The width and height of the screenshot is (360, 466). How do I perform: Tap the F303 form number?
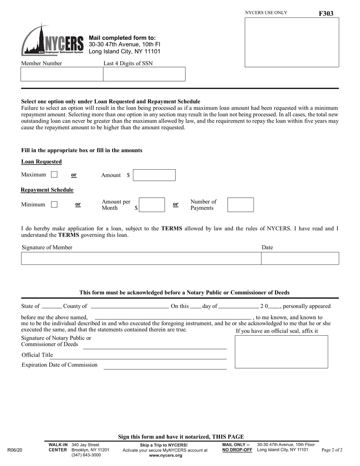tap(326, 14)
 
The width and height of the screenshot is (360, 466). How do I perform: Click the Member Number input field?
tap(62, 74)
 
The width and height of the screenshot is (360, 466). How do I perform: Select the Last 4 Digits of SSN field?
tap(144, 74)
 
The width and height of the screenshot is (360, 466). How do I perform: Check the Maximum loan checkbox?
tap(54, 175)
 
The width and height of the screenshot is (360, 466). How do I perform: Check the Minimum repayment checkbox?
tap(54, 205)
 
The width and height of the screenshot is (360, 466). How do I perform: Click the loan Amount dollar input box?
tap(154, 175)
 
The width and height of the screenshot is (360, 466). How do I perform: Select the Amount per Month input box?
tap(152, 205)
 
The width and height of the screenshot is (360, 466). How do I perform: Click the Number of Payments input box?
tap(240, 205)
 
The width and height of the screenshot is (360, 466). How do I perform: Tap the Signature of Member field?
tap(141, 258)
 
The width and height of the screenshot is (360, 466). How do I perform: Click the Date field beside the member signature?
tap(300, 258)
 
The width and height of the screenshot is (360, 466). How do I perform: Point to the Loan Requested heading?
tap(41, 162)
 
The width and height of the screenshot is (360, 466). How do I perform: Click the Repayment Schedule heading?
tap(47, 190)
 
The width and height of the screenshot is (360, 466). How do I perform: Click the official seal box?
tap(281, 352)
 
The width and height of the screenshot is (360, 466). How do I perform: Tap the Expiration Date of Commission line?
tap(165, 366)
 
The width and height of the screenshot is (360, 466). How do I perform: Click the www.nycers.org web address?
tap(166, 455)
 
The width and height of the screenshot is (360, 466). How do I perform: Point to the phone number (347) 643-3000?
tap(86, 455)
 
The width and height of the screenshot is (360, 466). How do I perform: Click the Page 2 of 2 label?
tap(332, 450)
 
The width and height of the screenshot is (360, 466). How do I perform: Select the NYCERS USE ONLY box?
tap(292, 42)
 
